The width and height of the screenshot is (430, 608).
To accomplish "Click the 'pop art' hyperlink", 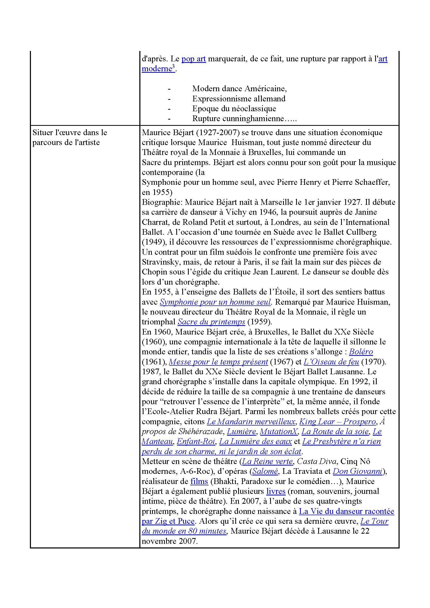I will tap(194, 59).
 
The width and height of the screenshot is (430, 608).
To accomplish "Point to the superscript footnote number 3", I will tap(173, 67).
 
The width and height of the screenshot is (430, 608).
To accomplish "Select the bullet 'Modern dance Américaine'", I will tap(239, 88).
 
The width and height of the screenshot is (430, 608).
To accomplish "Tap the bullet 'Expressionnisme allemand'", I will tap(239, 99).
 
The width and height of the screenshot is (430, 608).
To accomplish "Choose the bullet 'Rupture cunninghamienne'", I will tap(244, 119).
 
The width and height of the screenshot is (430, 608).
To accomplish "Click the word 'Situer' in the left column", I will tap(42, 132).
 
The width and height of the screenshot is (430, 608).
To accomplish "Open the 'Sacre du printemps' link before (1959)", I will tap(211, 322).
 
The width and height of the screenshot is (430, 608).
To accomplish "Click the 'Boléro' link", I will tap(361, 352).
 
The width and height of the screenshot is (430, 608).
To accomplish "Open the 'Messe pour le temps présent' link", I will tap(218, 362).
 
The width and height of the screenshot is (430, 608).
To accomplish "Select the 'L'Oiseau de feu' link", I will tap(331, 362).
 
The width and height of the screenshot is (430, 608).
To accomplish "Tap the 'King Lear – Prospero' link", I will tap(338, 422).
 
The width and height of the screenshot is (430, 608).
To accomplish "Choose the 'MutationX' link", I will tap(279, 432).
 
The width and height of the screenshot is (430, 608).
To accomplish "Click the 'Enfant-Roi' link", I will tap(196, 441).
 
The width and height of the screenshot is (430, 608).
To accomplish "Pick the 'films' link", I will tap(199, 481).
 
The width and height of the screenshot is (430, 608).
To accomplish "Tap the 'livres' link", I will tap(276, 491).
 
